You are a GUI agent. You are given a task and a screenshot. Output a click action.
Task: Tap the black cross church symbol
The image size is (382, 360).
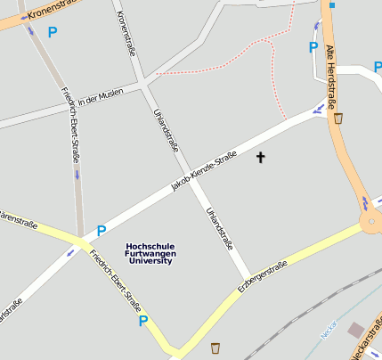click(261, 158)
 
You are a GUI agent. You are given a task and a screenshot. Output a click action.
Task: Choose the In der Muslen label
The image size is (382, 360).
click(100, 101)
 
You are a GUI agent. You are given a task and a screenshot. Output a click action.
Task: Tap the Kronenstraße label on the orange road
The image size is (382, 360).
click(36, 12)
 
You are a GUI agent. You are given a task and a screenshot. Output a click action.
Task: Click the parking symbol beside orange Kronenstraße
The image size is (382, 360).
click(52, 32)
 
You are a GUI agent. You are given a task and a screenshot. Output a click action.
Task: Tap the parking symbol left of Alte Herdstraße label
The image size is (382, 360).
click(313, 47)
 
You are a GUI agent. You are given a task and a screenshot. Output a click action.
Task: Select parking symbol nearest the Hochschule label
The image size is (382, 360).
click(101, 230)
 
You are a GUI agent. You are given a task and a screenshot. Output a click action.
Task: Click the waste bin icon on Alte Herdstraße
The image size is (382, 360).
click(338, 118)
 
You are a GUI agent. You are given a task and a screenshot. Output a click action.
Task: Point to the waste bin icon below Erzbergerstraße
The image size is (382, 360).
click(215, 347)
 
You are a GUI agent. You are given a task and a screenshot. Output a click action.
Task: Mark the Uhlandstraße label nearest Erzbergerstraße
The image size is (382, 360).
click(219, 228)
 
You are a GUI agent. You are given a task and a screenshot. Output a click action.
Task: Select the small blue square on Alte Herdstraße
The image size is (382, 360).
click(332, 5)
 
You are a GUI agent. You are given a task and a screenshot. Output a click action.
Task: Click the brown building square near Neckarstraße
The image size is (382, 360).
click(357, 331)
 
